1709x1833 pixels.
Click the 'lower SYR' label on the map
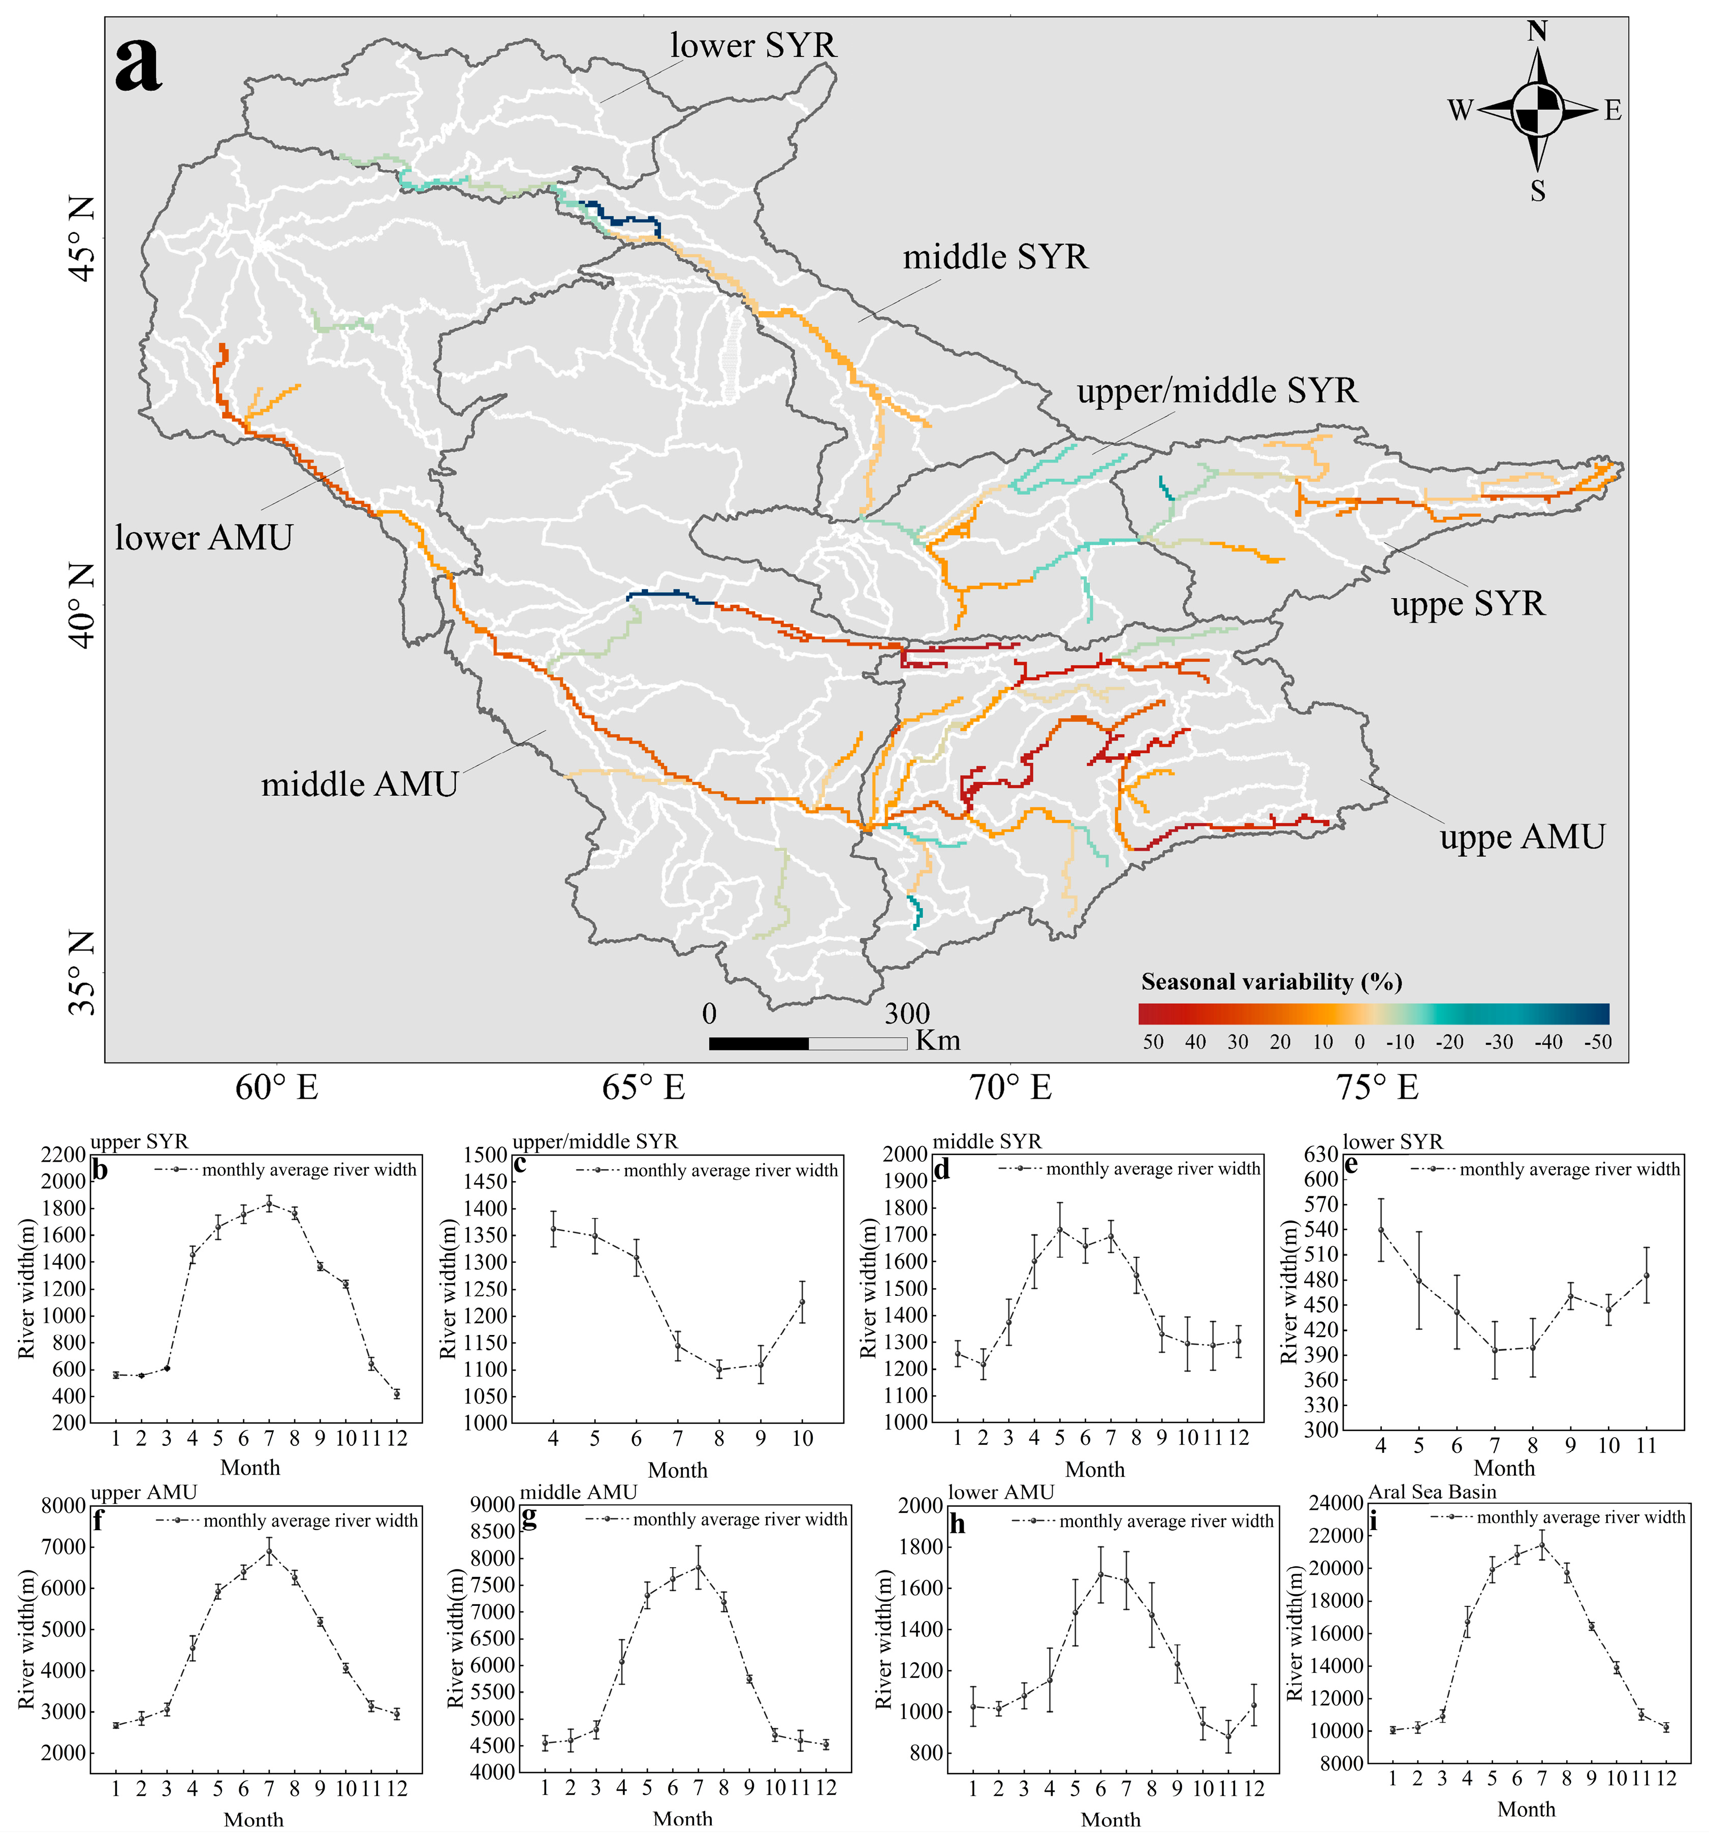(752, 45)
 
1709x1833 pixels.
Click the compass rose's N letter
(1537, 32)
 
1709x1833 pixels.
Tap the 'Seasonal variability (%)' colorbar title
(1271, 981)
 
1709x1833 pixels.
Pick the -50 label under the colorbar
(1597, 1042)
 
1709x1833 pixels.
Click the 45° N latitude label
(83, 241)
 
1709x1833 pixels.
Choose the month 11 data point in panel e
(1645, 1275)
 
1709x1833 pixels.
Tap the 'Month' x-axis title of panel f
(254, 1819)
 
